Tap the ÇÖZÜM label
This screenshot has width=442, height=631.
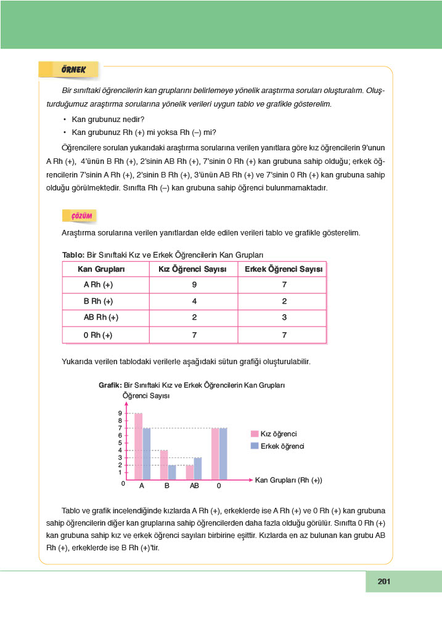(x=81, y=216)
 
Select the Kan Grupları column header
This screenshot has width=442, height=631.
(x=101, y=269)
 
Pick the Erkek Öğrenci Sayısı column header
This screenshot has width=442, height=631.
(x=284, y=269)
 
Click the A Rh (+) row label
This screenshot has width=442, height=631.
(x=99, y=285)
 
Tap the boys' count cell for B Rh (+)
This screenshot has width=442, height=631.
(x=284, y=301)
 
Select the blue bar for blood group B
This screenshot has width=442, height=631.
(x=172, y=472)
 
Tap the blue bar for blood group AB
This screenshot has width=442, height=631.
(x=197, y=468)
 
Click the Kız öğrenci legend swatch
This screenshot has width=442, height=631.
(x=255, y=434)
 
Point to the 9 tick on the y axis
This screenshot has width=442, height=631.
(x=121, y=413)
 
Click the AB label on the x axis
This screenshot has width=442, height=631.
(x=194, y=486)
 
